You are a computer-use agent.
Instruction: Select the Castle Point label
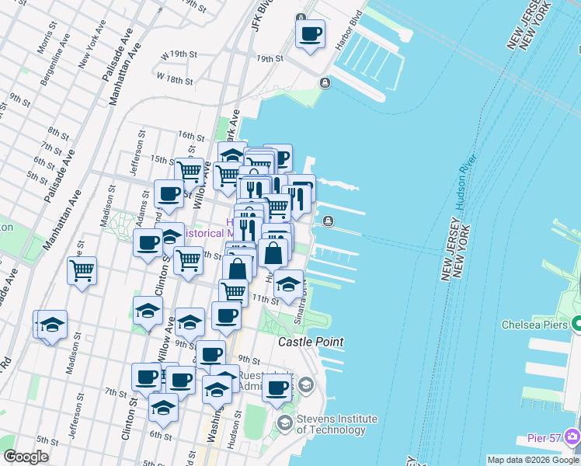(311, 342)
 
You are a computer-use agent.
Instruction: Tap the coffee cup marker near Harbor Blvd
(311, 34)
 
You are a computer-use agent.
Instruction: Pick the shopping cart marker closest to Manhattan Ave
(82, 271)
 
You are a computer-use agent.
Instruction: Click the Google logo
(26, 457)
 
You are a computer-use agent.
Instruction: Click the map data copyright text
(533, 460)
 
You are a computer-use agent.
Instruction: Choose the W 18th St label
(174, 78)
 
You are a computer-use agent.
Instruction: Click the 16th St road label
(190, 135)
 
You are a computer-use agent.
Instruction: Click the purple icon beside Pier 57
(574, 436)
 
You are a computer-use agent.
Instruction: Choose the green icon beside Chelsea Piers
(578, 323)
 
